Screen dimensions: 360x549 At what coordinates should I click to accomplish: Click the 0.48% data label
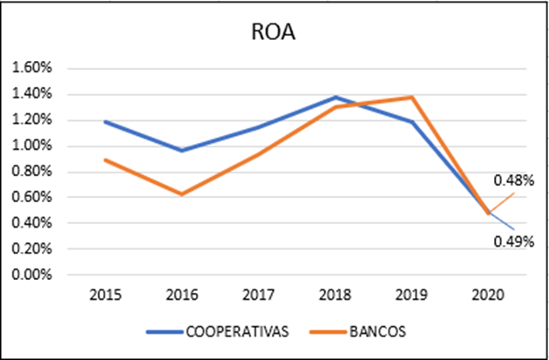[514, 181]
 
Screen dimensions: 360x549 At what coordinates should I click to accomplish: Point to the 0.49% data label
[514, 242]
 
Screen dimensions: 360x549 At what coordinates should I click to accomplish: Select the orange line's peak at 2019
[412, 97]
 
